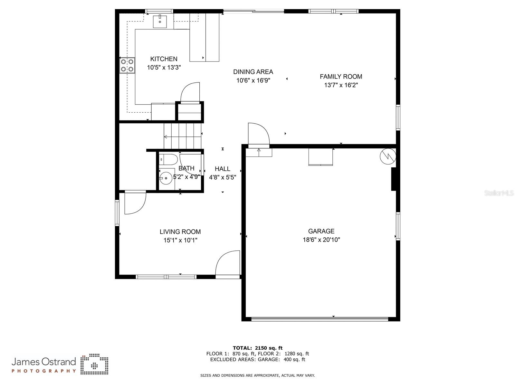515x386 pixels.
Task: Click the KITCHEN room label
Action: tap(164, 59)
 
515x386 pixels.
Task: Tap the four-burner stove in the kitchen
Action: tap(127, 65)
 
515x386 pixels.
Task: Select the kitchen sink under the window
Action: tap(160, 22)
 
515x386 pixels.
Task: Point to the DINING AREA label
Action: tap(253, 72)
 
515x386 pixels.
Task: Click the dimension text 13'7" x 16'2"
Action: tap(341, 85)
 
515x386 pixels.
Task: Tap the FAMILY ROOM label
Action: tap(341, 77)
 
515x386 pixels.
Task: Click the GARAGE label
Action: tap(321, 231)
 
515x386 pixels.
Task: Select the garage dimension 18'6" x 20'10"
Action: tap(321, 240)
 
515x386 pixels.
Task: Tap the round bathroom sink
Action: tap(166, 178)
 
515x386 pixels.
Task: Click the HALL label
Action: tap(222, 169)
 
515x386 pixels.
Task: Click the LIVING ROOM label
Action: tap(180, 232)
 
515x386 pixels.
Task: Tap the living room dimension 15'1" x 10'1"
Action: tap(180, 240)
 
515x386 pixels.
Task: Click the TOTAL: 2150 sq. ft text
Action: tap(257, 348)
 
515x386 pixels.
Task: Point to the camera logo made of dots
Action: tap(94, 365)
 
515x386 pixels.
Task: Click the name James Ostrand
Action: tap(44, 362)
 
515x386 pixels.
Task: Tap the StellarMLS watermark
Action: tap(499, 193)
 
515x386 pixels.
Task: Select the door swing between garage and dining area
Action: tap(258, 135)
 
